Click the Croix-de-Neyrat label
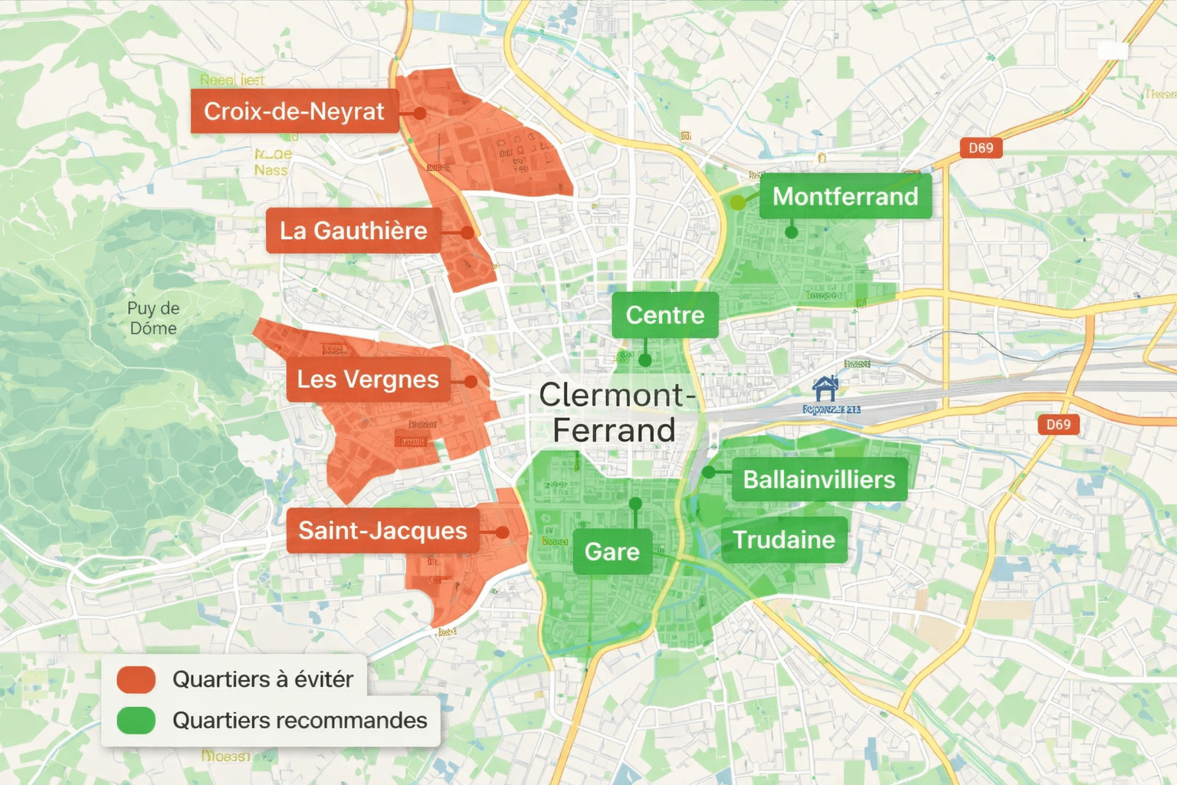294,111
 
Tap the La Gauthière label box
353,230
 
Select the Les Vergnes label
368,379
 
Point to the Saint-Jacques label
382,530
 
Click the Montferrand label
845,196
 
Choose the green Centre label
664,315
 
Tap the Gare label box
611,551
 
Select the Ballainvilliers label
819,480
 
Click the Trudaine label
784,540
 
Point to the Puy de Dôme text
153,318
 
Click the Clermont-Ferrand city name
615,412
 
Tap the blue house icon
825,389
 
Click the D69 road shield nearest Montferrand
981,148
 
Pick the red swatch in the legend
136,679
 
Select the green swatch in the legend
136,721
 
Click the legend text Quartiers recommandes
300,721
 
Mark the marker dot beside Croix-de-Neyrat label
419,113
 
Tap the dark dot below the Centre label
645,360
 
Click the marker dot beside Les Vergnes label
470,381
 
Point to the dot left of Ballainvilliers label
709,472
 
